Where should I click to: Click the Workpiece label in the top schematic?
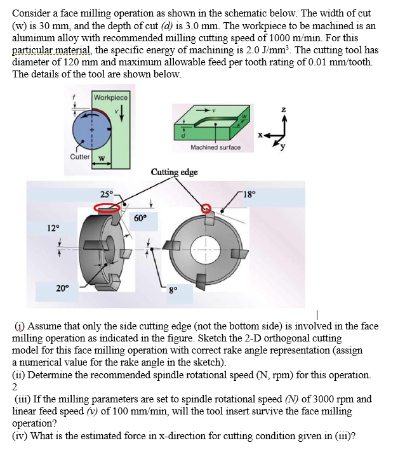click(110, 98)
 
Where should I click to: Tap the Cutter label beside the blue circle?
click(79, 157)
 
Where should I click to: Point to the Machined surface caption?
click(215, 147)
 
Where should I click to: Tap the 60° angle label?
click(142, 218)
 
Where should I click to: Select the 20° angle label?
click(62, 288)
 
